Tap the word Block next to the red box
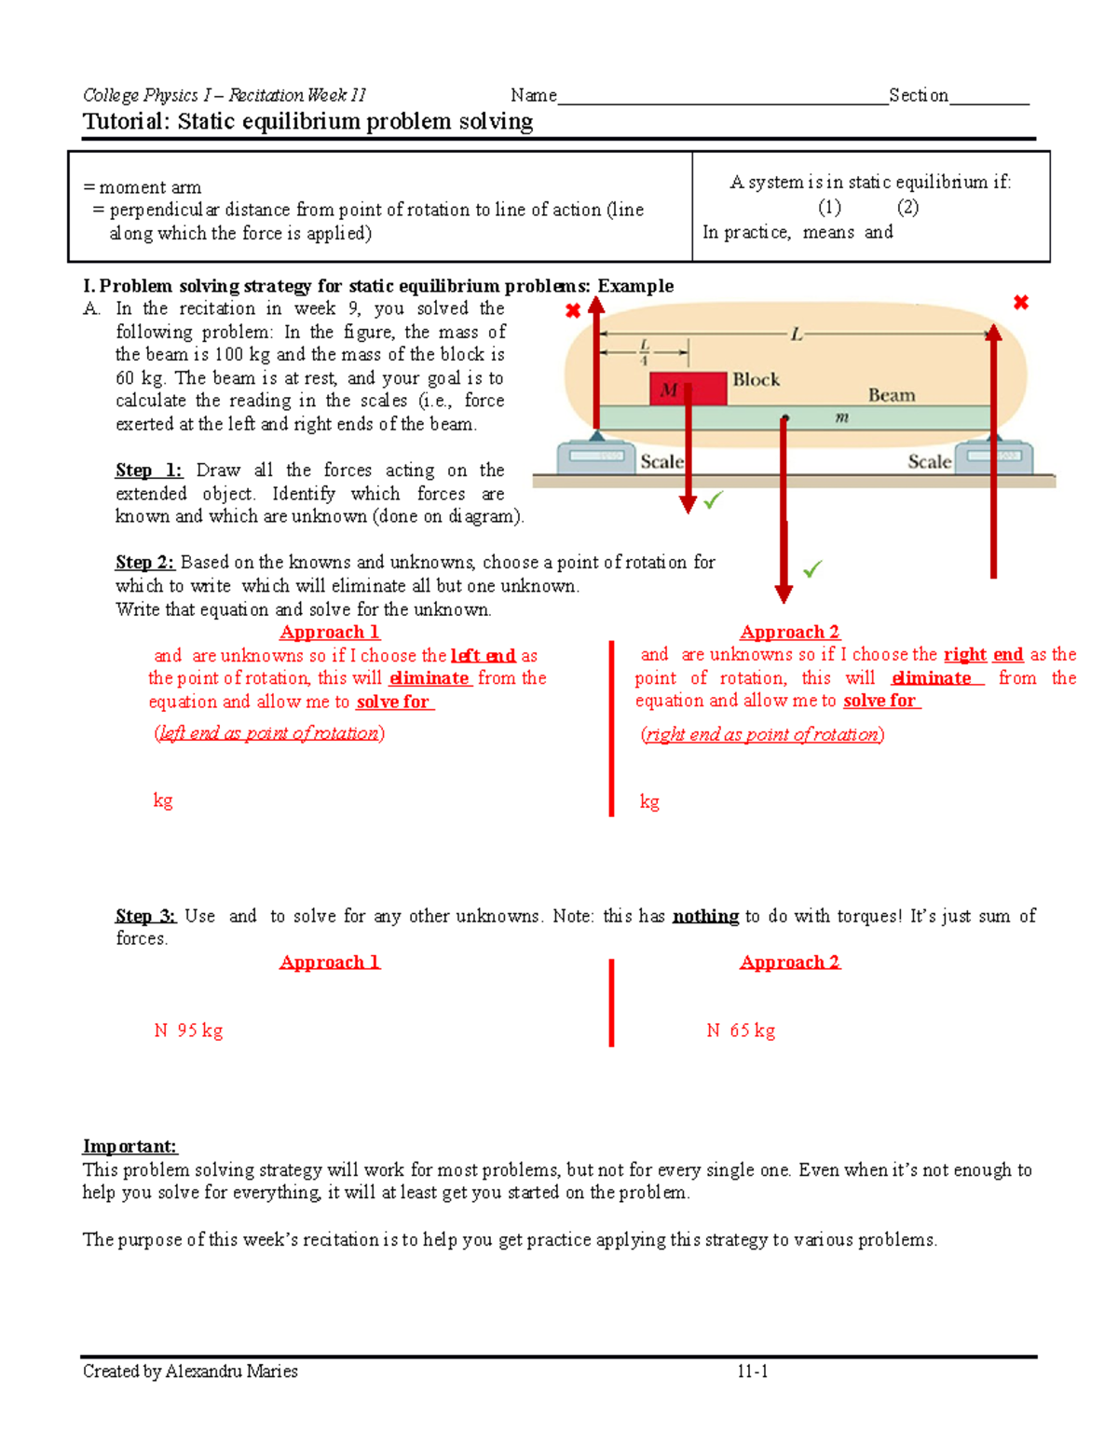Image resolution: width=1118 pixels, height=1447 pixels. (756, 379)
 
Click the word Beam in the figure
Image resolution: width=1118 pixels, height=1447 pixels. (892, 395)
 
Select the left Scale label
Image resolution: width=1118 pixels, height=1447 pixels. (661, 461)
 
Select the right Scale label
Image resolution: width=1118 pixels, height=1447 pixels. (929, 461)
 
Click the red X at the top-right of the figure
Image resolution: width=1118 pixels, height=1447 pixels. (1021, 303)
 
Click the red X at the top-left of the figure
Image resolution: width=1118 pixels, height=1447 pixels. (573, 311)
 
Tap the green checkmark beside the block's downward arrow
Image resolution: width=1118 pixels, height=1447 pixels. (714, 501)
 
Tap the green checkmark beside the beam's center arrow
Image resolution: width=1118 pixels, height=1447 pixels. (812, 568)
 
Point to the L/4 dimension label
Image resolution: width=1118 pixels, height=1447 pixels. (644, 351)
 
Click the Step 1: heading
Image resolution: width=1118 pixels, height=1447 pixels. (149, 471)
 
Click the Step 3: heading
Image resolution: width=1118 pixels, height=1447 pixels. (145, 916)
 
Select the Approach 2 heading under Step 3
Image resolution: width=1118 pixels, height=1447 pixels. (790, 962)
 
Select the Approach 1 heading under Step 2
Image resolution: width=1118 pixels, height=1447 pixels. (330, 632)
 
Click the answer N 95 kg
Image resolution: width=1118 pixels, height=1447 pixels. (188, 1031)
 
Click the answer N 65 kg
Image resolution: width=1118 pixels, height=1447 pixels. (741, 1031)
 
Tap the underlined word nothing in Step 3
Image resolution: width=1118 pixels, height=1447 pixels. (705, 916)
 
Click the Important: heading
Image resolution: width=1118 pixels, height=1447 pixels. (130, 1146)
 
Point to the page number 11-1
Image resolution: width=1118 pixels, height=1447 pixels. (752, 1372)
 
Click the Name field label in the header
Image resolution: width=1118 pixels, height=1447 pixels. (534, 95)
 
